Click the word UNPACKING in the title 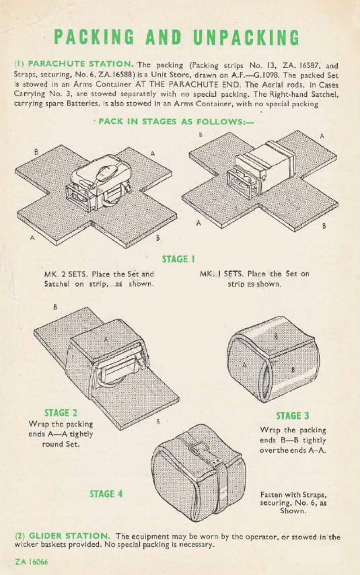click(246, 38)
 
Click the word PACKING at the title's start click(94, 38)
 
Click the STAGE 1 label click(178, 260)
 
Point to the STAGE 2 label click(61, 413)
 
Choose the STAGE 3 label click(293, 416)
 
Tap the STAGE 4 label click(106, 494)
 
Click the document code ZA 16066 click(32, 562)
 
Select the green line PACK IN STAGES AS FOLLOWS click(176, 121)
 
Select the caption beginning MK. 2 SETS click(99, 278)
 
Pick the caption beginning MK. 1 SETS click(254, 278)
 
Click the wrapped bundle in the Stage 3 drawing click(273, 360)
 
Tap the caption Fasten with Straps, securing click(293, 502)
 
